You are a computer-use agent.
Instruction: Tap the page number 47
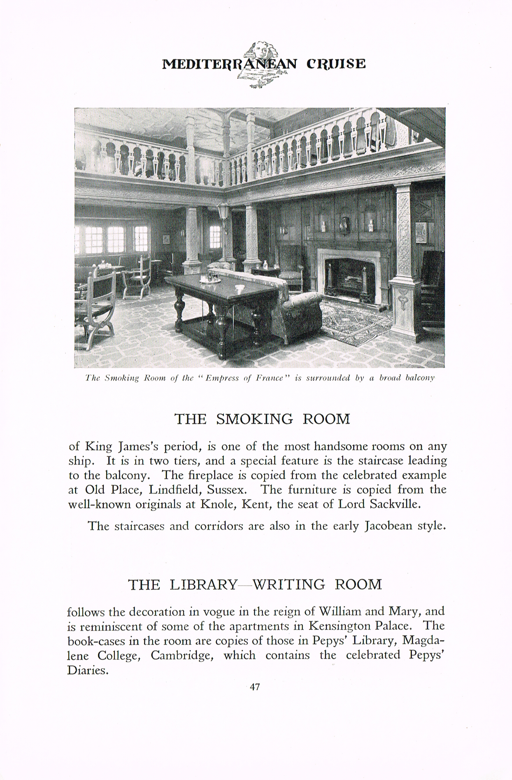(255, 687)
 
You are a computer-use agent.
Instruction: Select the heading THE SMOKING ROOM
(262, 419)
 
